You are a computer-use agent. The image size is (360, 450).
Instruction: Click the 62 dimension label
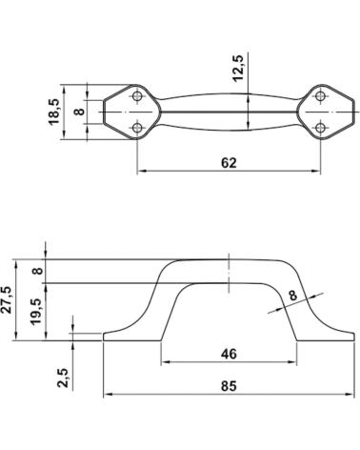(229, 163)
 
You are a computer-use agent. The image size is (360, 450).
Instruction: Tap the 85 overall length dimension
(229, 386)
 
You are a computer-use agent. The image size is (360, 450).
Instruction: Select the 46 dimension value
(229, 354)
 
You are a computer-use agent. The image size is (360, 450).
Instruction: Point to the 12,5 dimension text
(238, 69)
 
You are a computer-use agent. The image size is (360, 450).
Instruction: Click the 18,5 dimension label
(54, 112)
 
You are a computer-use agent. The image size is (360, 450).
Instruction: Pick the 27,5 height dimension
(7, 300)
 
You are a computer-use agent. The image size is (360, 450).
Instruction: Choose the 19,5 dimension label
(36, 312)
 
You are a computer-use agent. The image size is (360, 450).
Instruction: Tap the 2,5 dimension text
(63, 378)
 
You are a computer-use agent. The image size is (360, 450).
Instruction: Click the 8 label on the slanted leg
(292, 295)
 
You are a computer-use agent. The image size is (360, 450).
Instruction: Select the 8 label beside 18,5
(79, 112)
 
